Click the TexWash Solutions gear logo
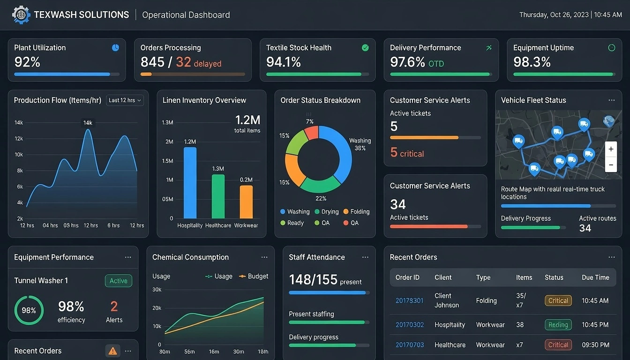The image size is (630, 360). (21, 15)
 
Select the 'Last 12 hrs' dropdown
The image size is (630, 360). (125, 100)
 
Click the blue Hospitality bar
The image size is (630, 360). (190, 183)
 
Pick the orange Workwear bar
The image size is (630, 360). (246, 202)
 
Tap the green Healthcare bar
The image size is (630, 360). (218, 196)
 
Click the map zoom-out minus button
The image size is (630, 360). (611, 165)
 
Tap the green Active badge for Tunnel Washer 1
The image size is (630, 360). (118, 281)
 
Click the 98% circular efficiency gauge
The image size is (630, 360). (29, 310)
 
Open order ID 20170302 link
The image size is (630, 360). (409, 325)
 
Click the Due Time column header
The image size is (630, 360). (595, 277)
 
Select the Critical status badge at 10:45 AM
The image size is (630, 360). (558, 301)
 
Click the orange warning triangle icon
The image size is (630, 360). (112, 351)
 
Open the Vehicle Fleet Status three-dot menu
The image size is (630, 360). (611, 100)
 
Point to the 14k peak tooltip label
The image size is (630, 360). (88, 123)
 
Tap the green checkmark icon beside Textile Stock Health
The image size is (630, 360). (365, 48)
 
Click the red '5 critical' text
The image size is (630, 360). (407, 153)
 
